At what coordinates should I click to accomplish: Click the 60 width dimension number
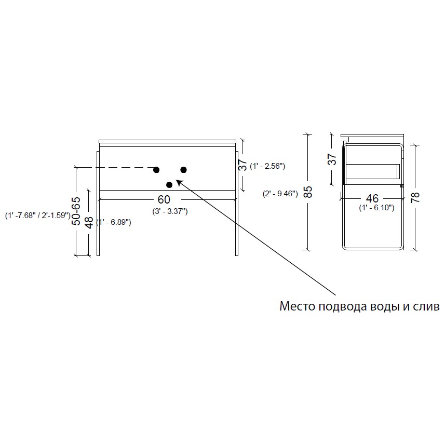(x=164, y=199)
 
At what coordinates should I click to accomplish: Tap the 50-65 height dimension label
(x=76, y=211)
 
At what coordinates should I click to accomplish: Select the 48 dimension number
(x=89, y=222)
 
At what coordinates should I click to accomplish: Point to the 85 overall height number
(x=307, y=192)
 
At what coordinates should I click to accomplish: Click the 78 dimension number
(x=415, y=197)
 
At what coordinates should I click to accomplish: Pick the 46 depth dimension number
(x=372, y=198)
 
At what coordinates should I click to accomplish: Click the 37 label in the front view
(x=243, y=165)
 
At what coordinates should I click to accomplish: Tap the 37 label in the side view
(x=332, y=159)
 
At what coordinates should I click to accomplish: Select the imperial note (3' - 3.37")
(x=170, y=211)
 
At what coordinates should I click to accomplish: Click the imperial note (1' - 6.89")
(x=114, y=222)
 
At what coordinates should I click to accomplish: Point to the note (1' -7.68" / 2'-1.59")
(x=38, y=215)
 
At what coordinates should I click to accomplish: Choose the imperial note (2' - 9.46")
(x=280, y=194)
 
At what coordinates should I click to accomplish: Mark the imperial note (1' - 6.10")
(x=376, y=208)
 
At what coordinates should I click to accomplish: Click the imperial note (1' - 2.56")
(x=267, y=166)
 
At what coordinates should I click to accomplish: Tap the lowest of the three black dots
(x=169, y=185)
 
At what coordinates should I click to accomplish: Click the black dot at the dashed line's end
(x=156, y=170)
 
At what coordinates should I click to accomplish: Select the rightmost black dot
(x=184, y=170)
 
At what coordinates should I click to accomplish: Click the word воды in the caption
(x=386, y=307)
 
